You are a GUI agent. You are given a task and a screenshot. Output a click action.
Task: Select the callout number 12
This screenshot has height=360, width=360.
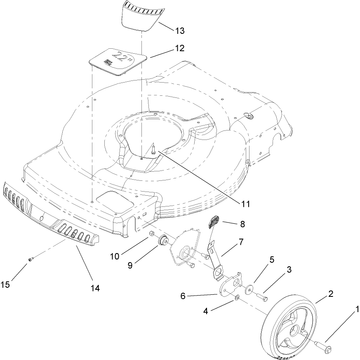pyautogui.click(x=179, y=48)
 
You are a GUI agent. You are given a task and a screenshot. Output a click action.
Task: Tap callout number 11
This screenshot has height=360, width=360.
pyautogui.click(x=246, y=203)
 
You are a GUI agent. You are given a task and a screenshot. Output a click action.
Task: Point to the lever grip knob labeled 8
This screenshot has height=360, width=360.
pyautogui.click(x=214, y=221)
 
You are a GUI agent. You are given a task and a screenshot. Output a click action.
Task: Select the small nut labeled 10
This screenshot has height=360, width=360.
pyautogui.click(x=151, y=235)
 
